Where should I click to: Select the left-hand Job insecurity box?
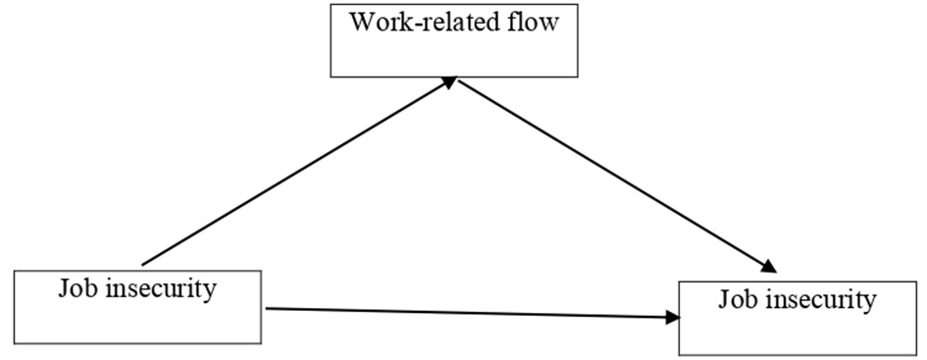point(137,306)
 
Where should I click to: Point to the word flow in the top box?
point(535,22)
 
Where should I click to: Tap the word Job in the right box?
point(737,298)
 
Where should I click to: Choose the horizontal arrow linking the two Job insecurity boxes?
point(471,313)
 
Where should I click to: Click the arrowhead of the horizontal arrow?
point(673,317)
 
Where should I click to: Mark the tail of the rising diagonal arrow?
point(144,264)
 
